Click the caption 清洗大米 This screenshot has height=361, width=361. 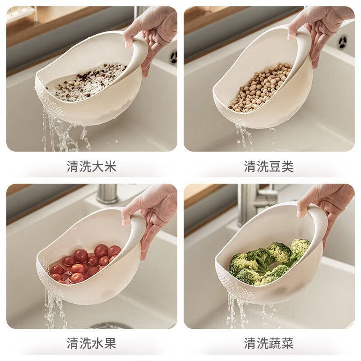[x=92, y=166]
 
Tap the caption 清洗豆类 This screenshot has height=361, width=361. [x=269, y=166]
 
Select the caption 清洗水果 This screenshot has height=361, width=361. [x=92, y=343]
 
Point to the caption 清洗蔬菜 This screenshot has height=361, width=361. [x=269, y=343]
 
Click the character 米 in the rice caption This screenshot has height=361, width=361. [x=111, y=166]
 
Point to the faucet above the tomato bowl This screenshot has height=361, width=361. [x=107, y=193]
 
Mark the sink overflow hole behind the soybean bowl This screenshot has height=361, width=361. [x=342, y=42]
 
